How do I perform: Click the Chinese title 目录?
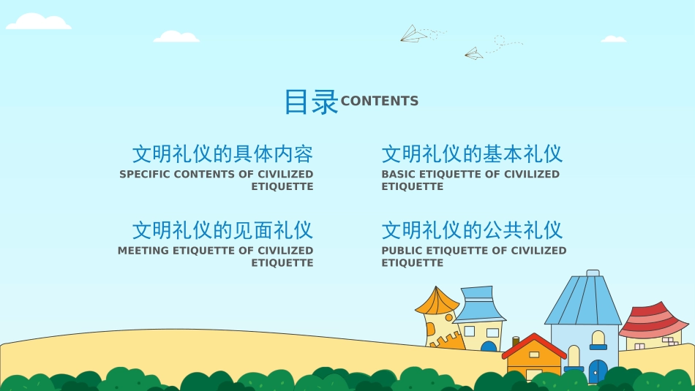click(311, 102)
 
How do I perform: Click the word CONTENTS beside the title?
click(380, 102)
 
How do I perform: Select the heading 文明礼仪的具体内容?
click(222, 154)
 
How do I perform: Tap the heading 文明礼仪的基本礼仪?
click(472, 154)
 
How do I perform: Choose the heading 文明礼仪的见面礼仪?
click(222, 230)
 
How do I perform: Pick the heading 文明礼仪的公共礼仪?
click(472, 230)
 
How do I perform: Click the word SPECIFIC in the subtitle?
click(145, 175)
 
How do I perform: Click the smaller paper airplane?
click(474, 53)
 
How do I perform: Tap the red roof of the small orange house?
click(534, 344)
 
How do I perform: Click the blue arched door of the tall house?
click(598, 371)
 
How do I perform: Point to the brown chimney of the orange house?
click(516, 341)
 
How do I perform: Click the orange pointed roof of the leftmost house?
click(437, 300)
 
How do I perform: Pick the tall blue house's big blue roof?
click(584, 300)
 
